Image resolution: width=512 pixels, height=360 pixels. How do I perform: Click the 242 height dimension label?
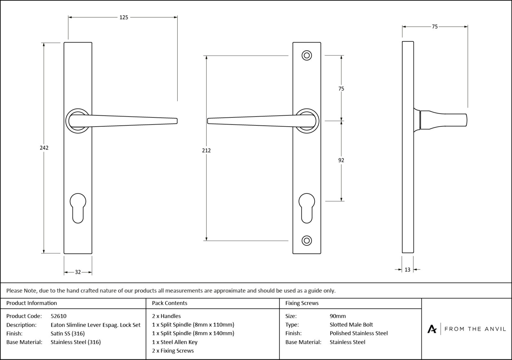[44, 148]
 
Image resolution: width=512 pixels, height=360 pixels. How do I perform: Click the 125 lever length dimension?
[124, 18]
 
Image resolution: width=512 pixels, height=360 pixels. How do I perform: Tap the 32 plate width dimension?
[78, 272]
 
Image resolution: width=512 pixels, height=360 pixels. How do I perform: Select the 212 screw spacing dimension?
[206, 150]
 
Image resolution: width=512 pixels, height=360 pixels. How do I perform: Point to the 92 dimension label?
[341, 160]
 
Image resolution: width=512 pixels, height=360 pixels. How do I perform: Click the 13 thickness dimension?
[407, 270]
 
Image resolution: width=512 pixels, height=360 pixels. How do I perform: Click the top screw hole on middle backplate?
[307, 56]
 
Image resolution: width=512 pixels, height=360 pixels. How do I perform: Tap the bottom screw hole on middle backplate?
[307, 240]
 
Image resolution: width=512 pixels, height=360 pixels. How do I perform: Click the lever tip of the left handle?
[175, 121]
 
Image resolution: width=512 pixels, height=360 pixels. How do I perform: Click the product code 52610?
[59, 316]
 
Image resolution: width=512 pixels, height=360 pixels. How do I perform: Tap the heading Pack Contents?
[170, 303]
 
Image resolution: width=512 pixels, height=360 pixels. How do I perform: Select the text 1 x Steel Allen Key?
[175, 342]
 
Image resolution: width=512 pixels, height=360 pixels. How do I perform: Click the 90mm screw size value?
[338, 316]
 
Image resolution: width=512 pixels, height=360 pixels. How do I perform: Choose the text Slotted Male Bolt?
[351, 325]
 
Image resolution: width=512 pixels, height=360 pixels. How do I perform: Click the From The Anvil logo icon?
[432, 329]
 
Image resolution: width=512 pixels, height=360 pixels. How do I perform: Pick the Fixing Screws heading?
[302, 303]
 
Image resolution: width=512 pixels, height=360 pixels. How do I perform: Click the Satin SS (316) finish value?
[68, 333]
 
